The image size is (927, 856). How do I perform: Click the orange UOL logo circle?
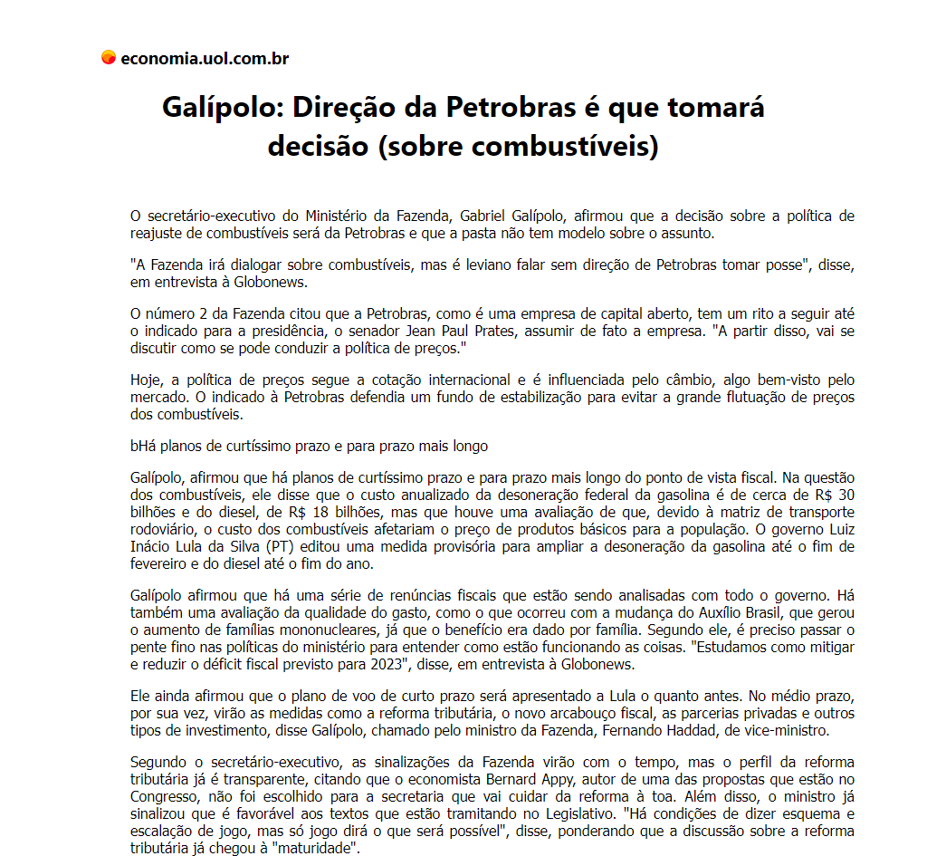[109, 58]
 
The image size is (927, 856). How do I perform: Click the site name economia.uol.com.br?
[205, 59]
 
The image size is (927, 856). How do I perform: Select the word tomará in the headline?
[716, 107]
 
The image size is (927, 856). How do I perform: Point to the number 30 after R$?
[846, 495]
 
